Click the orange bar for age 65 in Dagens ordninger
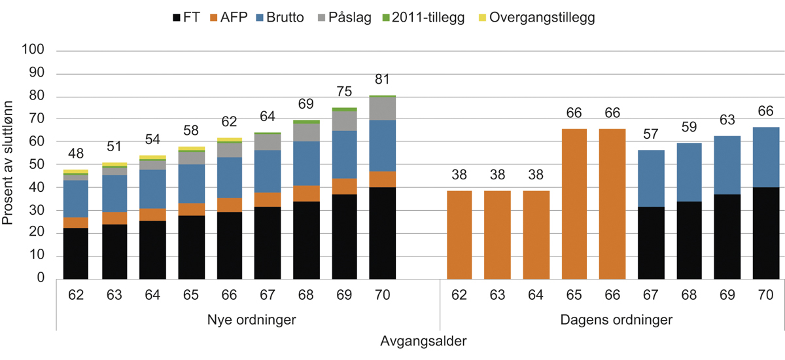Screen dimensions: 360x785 coord(573,204)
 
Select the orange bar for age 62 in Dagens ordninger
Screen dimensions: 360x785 coord(459,235)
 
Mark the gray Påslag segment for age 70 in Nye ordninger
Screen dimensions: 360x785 coord(382,109)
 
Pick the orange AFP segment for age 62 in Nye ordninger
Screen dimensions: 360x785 coord(76,223)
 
